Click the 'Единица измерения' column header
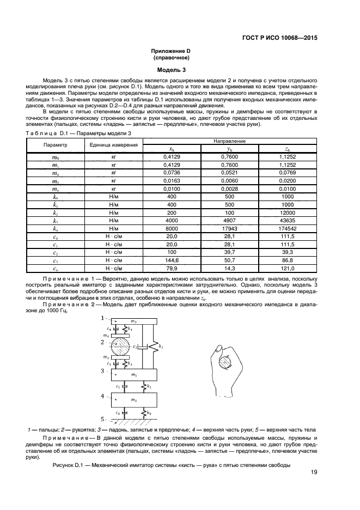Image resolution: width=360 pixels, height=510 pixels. (x=114, y=145)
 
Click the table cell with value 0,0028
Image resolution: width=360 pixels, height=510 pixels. (x=229, y=189)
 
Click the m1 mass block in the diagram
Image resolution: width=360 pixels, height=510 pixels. (x=133, y=375)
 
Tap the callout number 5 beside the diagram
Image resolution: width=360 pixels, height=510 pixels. (x=102, y=420)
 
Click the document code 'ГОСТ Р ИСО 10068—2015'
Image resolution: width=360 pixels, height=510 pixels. (x=279, y=39)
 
